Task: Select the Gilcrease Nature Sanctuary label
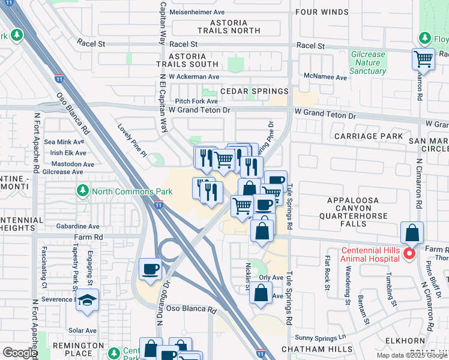(367, 62)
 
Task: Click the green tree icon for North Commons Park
(83, 191)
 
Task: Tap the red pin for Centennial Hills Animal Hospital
(409, 254)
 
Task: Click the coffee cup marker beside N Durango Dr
(151, 269)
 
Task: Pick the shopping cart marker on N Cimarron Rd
(423, 59)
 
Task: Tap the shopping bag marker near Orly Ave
(261, 294)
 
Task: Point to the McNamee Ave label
(326, 77)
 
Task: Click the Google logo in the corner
(19, 353)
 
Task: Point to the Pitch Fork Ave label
(196, 101)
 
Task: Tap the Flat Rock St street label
(328, 273)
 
